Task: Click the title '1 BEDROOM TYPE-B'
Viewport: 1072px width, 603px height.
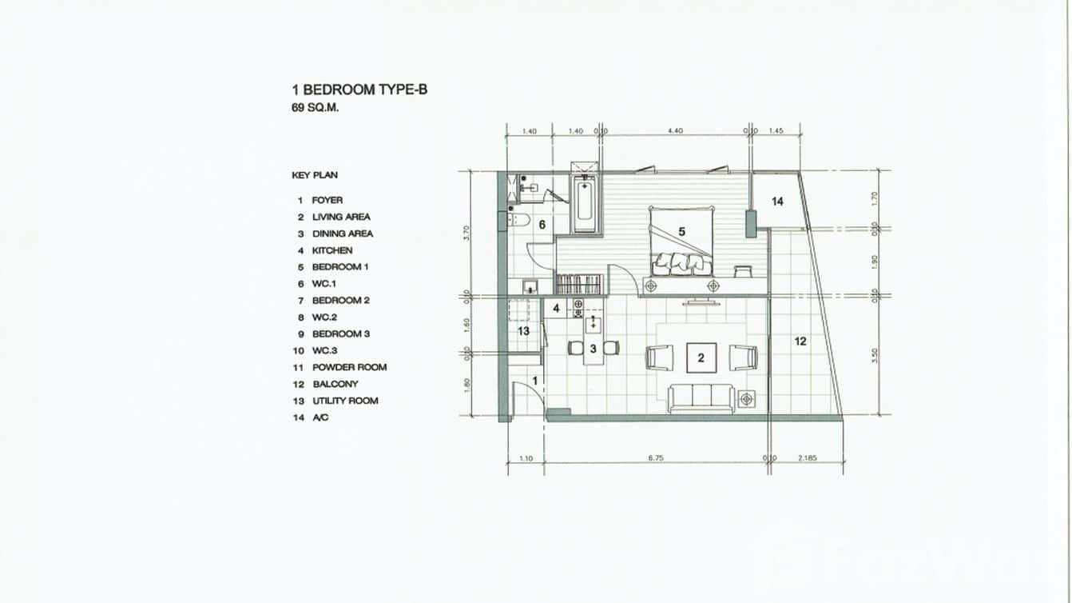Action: tap(359, 90)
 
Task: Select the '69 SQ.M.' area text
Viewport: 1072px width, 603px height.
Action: tap(316, 108)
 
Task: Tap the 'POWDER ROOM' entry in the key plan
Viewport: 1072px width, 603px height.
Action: tap(349, 367)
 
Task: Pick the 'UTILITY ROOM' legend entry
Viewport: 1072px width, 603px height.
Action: tap(345, 401)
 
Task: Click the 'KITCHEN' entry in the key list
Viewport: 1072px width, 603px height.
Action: tap(332, 250)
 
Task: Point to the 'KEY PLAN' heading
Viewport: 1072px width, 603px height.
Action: tap(315, 175)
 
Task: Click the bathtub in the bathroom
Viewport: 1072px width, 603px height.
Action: tap(584, 204)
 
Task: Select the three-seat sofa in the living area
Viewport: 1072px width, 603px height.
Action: tap(701, 397)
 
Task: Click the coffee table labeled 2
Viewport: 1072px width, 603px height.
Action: tap(701, 357)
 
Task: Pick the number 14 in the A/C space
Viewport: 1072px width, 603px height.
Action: tap(777, 202)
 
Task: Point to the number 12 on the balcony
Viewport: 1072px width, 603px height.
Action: tap(800, 341)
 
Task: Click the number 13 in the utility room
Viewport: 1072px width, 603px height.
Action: tap(523, 330)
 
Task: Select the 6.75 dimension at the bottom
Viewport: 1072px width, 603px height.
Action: tap(655, 458)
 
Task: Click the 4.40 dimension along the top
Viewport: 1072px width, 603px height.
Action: tap(674, 130)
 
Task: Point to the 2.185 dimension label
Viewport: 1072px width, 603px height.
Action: tap(809, 458)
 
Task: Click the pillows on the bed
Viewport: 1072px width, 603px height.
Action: tap(681, 262)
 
